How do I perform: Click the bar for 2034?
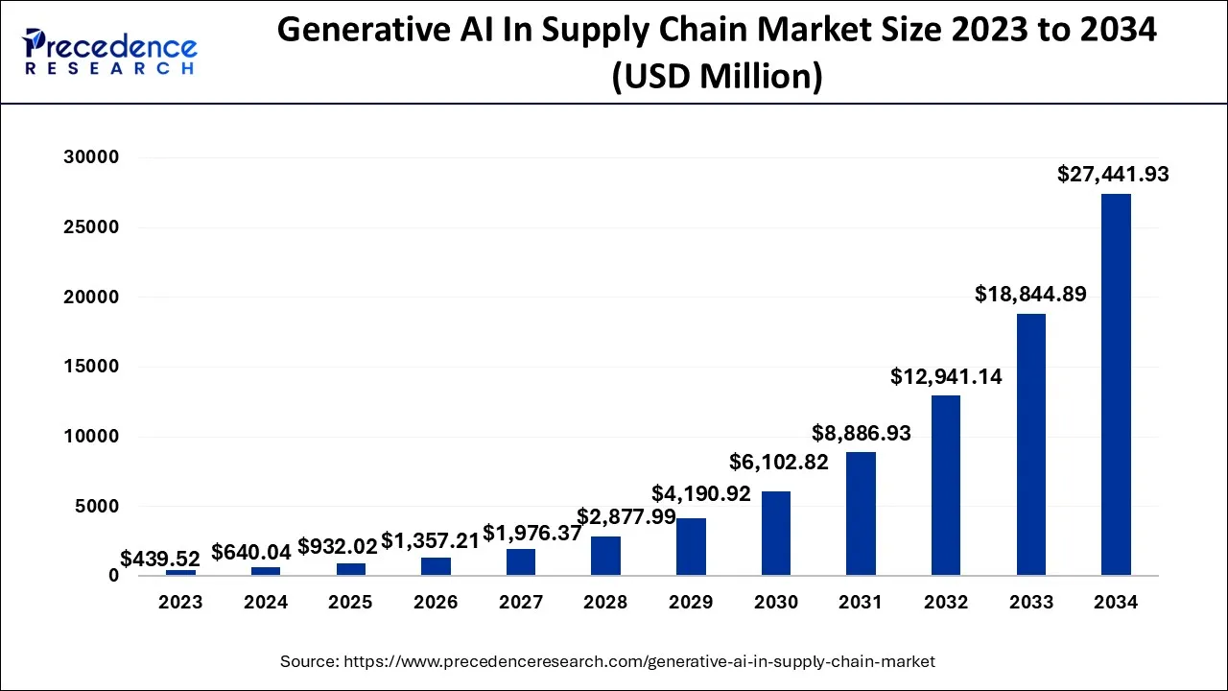tap(1116, 384)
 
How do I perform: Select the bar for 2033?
tap(1030, 444)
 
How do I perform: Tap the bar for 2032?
tap(945, 485)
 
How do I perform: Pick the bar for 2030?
tap(775, 533)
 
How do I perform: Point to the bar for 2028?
tap(605, 556)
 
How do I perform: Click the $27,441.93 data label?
tap(1113, 175)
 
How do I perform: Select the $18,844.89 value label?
tap(1030, 295)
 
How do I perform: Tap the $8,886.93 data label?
tap(861, 433)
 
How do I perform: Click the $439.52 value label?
tap(160, 559)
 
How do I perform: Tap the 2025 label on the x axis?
tap(351, 603)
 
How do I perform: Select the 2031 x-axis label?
tap(861, 603)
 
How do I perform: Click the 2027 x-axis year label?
tap(521, 603)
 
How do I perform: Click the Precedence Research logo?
tap(110, 51)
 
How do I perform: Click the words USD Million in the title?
tap(717, 77)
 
